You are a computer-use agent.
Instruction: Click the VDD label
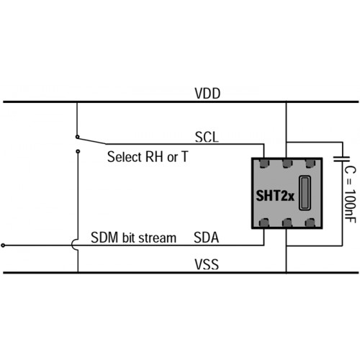pyautogui.click(x=207, y=94)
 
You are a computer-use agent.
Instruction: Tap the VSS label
pyautogui.click(x=207, y=264)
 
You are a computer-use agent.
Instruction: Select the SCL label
pyautogui.click(x=207, y=138)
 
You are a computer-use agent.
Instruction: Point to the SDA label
pyautogui.click(x=207, y=238)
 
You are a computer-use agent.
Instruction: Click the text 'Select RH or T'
pyautogui.click(x=148, y=157)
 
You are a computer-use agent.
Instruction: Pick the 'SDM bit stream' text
pyautogui.click(x=133, y=238)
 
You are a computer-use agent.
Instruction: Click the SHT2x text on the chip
pyautogui.click(x=275, y=196)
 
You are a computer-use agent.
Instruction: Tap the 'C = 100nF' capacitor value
pyautogui.click(x=350, y=194)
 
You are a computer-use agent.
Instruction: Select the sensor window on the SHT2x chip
pyautogui.click(x=305, y=193)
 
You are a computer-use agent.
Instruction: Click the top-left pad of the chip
pyautogui.click(x=264, y=163)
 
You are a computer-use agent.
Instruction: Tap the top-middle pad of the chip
pyautogui.click(x=287, y=163)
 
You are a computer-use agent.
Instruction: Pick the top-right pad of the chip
pyautogui.click(x=310, y=163)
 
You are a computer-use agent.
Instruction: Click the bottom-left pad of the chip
pyautogui.click(x=264, y=222)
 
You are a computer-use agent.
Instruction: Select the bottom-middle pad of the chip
pyautogui.click(x=287, y=222)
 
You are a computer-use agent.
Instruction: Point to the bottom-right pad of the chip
pyautogui.click(x=310, y=222)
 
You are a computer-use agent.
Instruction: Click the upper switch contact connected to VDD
pyautogui.click(x=77, y=137)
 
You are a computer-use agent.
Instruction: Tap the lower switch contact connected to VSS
pyautogui.click(x=78, y=151)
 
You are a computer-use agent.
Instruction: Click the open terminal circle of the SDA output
pyautogui.click(x=3, y=246)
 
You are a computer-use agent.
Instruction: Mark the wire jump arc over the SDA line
pyautogui.click(x=72, y=246)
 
